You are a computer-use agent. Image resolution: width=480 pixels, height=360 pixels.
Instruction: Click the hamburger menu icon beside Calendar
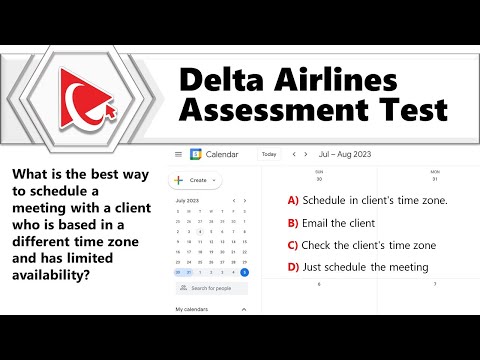pyautogui.click(x=178, y=155)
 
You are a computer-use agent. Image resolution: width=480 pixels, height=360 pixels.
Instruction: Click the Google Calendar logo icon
pyautogui.click(x=196, y=155)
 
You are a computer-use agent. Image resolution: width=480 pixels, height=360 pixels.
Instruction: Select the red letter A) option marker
pyautogui.click(x=293, y=200)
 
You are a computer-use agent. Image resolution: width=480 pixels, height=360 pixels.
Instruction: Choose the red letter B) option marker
pyautogui.click(x=293, y=222)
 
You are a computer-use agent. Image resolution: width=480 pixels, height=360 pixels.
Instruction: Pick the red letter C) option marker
pyautogui.click(x=293, y=244)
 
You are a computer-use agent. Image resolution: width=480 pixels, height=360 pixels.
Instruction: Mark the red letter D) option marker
pyautogui.click(x=293, y=267)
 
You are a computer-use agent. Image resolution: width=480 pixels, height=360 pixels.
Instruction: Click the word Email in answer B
pyautogui.click(x=318, y=222)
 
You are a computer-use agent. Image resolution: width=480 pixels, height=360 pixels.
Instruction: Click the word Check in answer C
pyautogui.click(x=320, y=244)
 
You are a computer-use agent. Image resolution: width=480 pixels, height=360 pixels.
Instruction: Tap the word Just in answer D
pyautogui.click(x=315, y=267)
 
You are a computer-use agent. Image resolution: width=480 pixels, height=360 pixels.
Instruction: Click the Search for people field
pyautogui.click(x=212, y=288)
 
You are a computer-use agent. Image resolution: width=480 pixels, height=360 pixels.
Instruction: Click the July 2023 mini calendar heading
pyautogui.click(x=187, y=199)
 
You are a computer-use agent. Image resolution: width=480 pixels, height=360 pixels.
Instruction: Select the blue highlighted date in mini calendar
pyautogui.click(x=245, y=271)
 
